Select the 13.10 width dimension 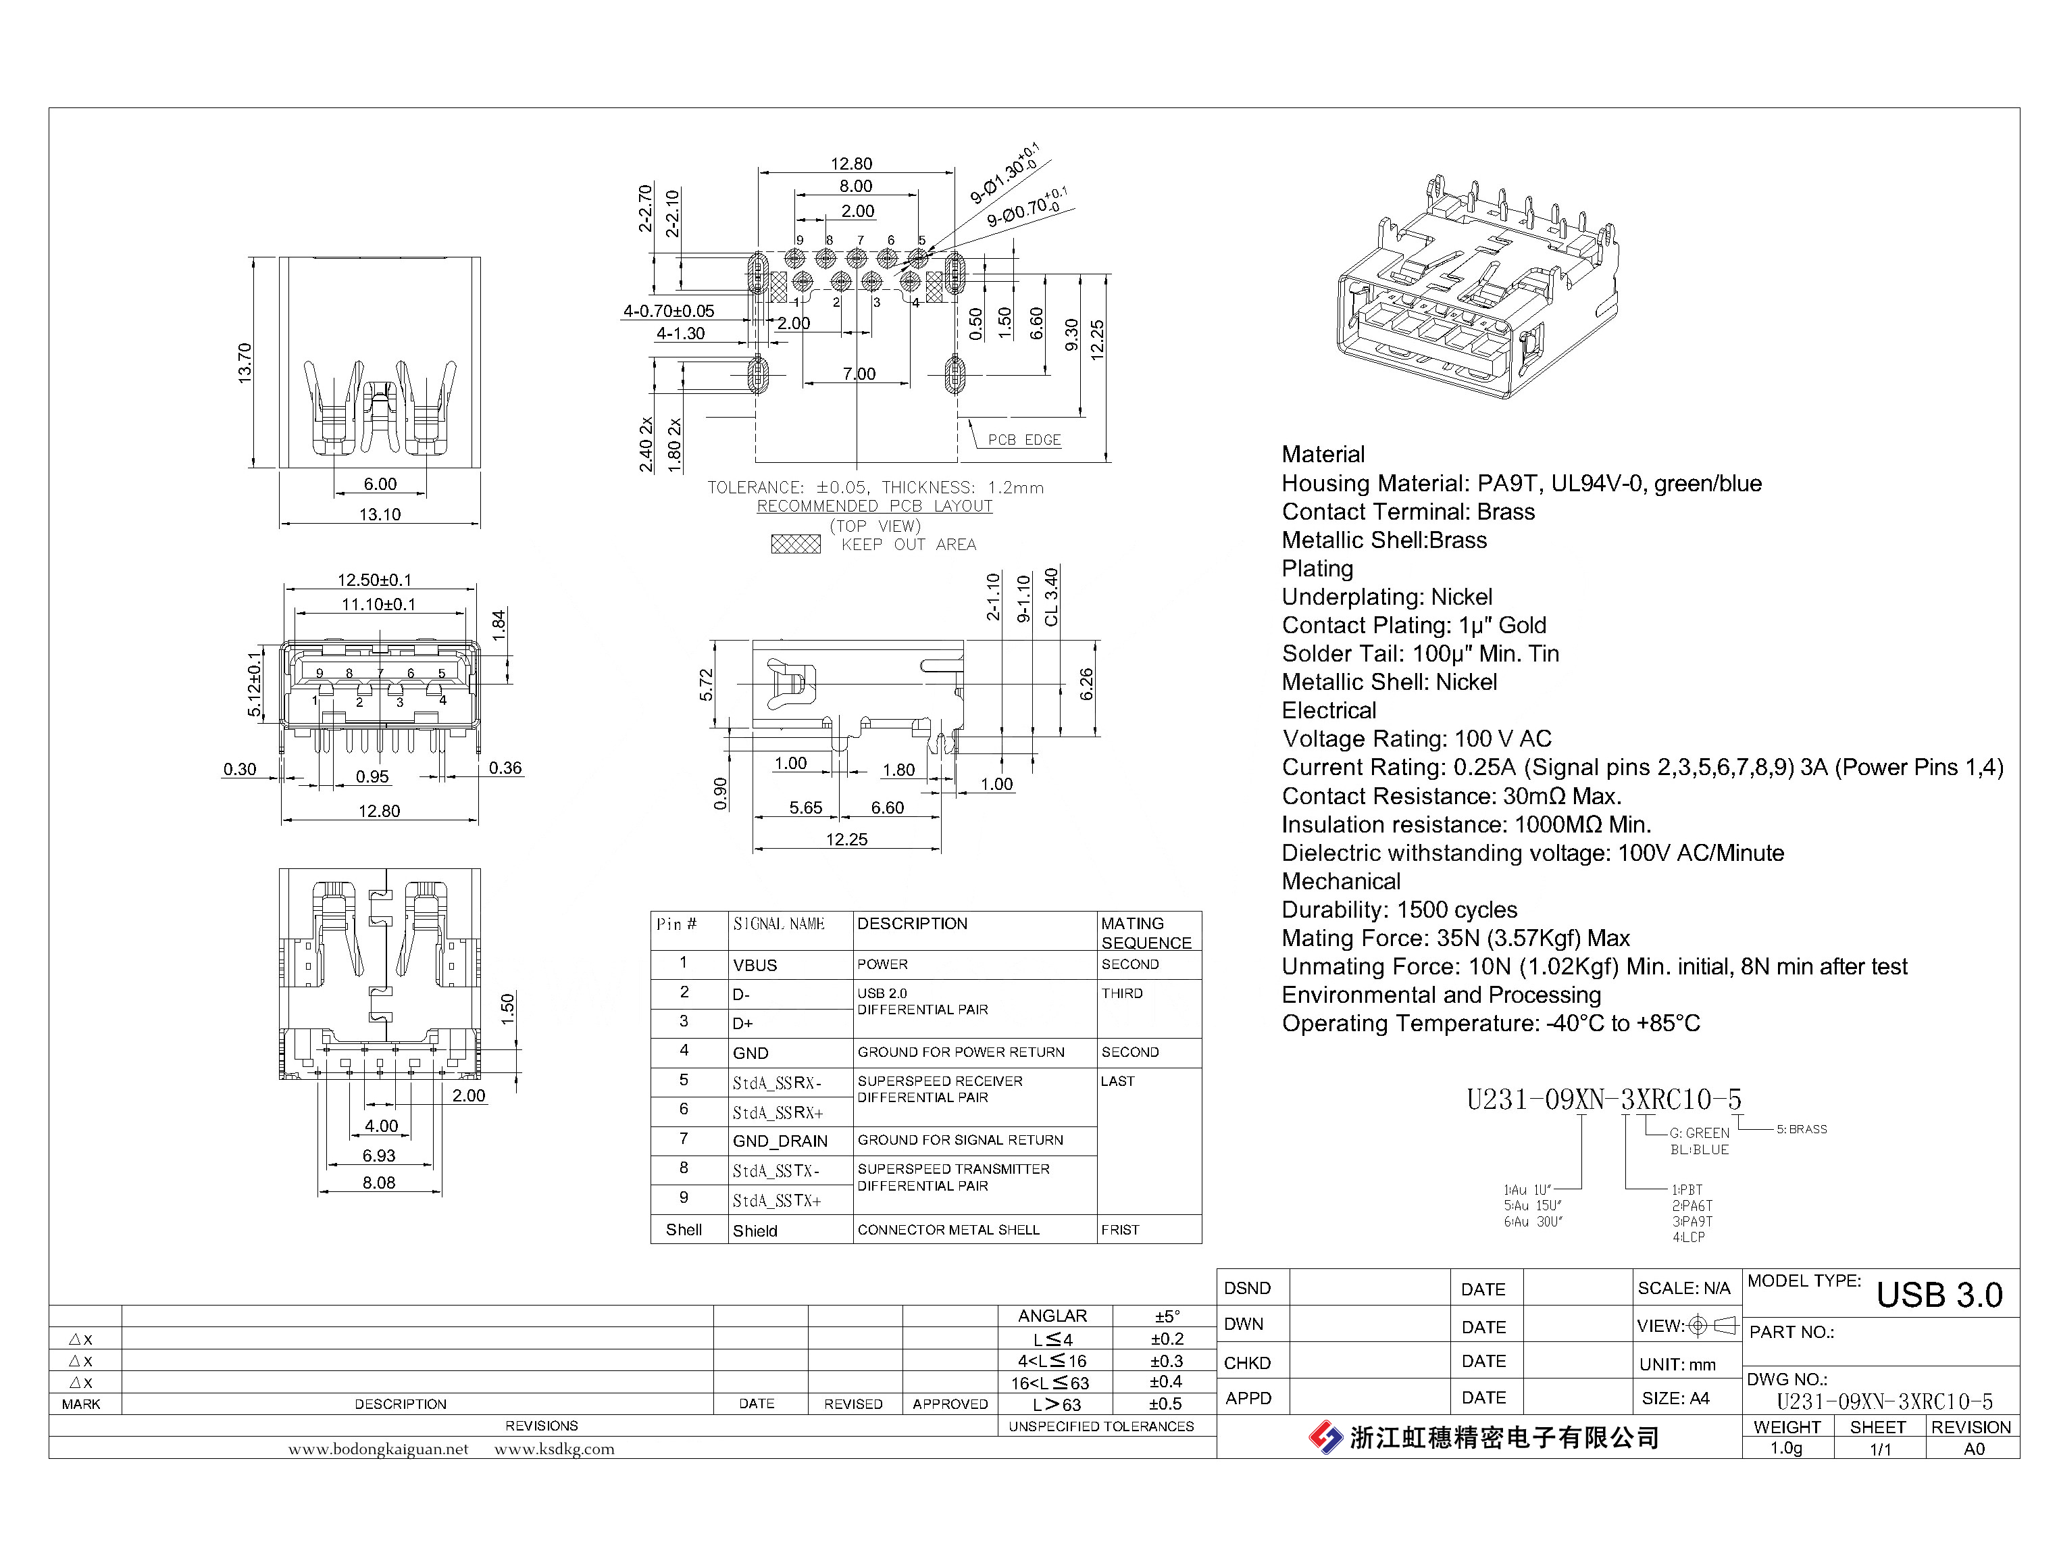(x=380, y=514)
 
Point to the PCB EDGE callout (x=1023, y=440)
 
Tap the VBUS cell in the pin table (x=755, y=965)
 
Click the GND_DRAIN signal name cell (x=780, y=1141)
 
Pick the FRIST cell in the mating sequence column (x=1119, y=1230)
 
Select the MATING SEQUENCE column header (x=1146, y=933)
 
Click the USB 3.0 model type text (x=1939, y=1295)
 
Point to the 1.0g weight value (x=1785, y=1449)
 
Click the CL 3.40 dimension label (x=1051, y=597)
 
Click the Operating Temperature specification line (x=1490, y=1023)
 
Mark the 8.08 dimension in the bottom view (x=379, y=1182)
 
